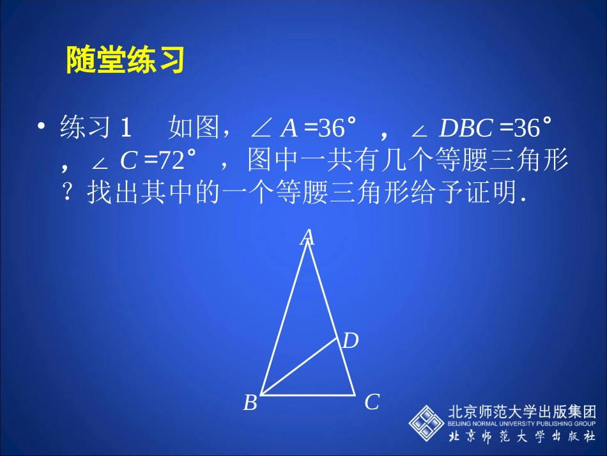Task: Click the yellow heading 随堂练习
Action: [x=125, y=60]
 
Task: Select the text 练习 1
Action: [x=96, y=129]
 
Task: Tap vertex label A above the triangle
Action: [x=308, y=237]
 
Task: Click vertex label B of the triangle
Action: [x=250, y=403]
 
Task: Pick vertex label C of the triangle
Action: [x=372, y=402]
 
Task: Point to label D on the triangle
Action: [x=350, y=341]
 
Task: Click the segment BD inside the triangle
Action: [x=299, y=366]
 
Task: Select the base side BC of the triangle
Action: [x=308, y=395]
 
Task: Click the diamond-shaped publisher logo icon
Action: [x=427, y=423]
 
